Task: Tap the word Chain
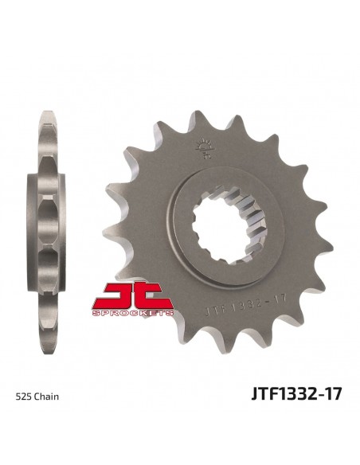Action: coord(46,397)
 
